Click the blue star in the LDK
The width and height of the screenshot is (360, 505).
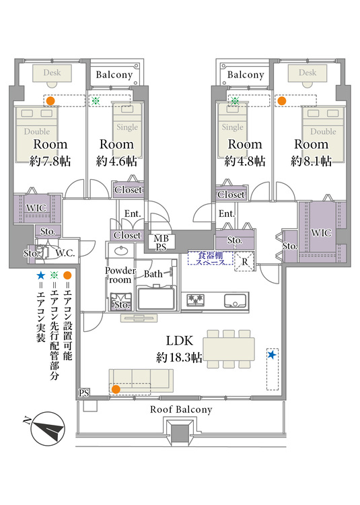(272, 355)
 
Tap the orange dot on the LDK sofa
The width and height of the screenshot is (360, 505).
(116, 390)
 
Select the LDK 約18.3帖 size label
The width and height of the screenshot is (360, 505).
(179, 358)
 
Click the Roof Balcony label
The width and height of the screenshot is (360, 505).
(181, 409)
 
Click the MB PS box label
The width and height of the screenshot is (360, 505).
(161, 243)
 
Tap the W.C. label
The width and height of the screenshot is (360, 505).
(65, 253)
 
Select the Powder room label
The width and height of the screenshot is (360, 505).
(120, 275)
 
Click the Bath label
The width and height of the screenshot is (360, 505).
(153, 274)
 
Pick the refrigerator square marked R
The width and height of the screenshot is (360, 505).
(245, 261)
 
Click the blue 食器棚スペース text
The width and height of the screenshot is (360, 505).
(211, 259)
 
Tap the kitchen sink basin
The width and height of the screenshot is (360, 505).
(236, 301)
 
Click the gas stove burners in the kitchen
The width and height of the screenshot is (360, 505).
(195, 300)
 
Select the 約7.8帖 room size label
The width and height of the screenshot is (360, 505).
(50, 161)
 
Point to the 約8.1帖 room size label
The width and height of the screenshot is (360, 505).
(311, 161)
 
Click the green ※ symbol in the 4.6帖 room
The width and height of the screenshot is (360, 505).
(96, 101)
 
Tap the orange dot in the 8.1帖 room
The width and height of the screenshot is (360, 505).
(282, 101)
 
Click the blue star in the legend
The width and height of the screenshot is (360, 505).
(40, 275)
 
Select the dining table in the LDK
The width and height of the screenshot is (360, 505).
(229, 349)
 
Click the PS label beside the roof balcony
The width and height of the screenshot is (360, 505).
(83, 393)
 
